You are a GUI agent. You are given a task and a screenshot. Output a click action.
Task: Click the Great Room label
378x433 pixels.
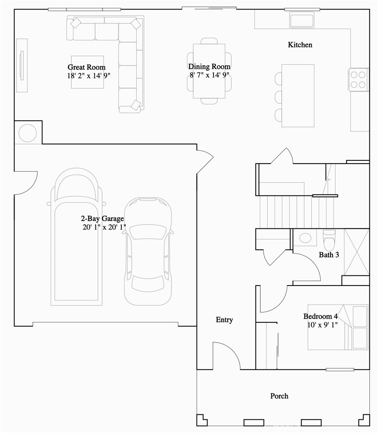(87, 67)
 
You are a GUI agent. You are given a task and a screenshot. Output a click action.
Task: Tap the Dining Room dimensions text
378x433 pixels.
(209, 75)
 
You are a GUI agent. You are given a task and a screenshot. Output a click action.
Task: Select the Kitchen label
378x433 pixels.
(300, 45)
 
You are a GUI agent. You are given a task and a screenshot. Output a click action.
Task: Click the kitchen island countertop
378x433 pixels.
(298, 95)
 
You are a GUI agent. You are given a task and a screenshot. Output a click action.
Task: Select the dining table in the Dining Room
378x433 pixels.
(209, 71)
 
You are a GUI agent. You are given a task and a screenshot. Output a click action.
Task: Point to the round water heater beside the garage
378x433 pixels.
(27, 133)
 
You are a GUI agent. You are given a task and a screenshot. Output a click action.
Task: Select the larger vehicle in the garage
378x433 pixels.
(77, 238)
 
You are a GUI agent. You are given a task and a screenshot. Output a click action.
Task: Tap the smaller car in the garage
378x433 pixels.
(148, 251)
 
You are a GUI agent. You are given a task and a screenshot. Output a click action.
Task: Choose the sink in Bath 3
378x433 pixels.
(305, 238)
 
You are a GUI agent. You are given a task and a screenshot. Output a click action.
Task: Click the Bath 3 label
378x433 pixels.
(328, 255)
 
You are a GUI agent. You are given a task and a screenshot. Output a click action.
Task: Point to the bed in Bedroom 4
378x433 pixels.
(338, 327)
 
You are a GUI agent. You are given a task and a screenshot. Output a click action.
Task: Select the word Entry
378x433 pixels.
(224, 320)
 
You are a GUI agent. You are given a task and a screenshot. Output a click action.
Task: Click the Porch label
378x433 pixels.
(279, 396)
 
